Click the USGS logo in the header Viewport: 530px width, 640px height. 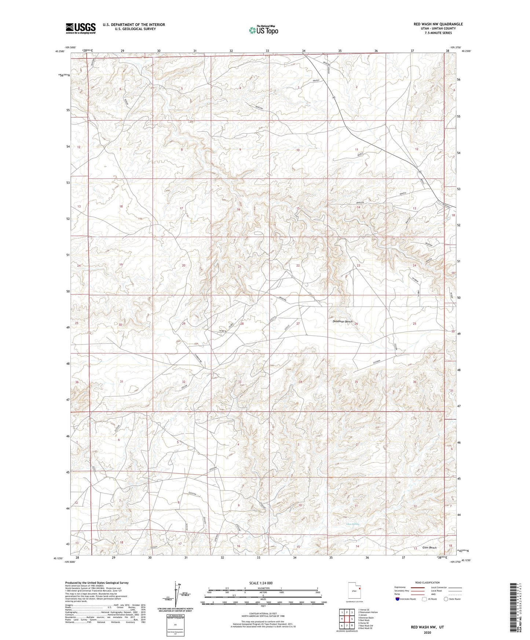click(81, 28)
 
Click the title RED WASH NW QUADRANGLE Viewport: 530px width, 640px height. click(438, 24)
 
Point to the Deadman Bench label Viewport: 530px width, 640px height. click(342, 321)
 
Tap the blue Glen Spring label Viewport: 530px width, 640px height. click(353, 524)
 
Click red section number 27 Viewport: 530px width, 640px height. click(298, 324)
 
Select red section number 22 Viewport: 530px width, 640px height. click(298, 265)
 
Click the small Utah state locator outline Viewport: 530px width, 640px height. click(354, 592)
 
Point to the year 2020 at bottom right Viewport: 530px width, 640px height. click(427, 632)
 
